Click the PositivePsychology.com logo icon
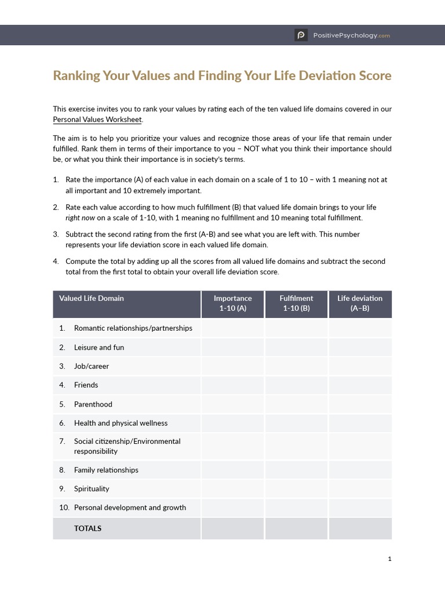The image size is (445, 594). click(301, 35)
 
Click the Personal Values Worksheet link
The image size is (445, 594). click(97, 119)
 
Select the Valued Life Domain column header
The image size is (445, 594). click(92, 299)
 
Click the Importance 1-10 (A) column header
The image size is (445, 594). click(232, 303)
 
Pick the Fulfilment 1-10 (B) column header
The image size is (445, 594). click(296, 303)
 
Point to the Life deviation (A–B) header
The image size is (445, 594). click(360, 303)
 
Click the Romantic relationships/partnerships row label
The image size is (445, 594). click(133, 328)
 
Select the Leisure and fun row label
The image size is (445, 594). click(99, 347)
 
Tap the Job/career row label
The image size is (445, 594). click(92, 367)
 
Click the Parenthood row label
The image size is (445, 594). click(93, 404)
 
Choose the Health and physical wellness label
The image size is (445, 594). click(121, 423)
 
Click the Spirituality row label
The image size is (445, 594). click(92, 489)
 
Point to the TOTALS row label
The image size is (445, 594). click(87, 528)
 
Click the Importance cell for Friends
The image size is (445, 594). click(232, 385)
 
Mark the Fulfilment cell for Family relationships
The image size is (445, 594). click(296, 470)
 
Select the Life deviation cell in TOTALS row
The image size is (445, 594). click(360, 528)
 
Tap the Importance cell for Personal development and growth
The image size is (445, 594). click(232, 508)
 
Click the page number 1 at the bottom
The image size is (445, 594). click(390, 559)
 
